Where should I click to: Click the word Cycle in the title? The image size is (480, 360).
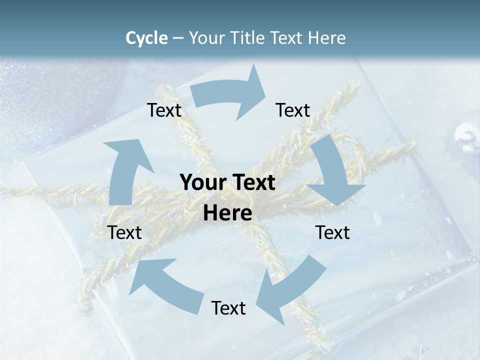146,38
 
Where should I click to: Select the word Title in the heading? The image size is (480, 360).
248,38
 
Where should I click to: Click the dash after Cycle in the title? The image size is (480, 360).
178,38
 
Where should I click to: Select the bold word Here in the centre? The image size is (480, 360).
227,213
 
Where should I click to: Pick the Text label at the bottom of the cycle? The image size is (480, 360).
228,308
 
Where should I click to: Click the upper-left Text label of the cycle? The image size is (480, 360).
164,110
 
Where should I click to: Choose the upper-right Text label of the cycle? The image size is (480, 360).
293,110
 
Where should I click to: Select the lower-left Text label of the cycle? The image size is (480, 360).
125,232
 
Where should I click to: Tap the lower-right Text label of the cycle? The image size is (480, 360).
332,232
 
